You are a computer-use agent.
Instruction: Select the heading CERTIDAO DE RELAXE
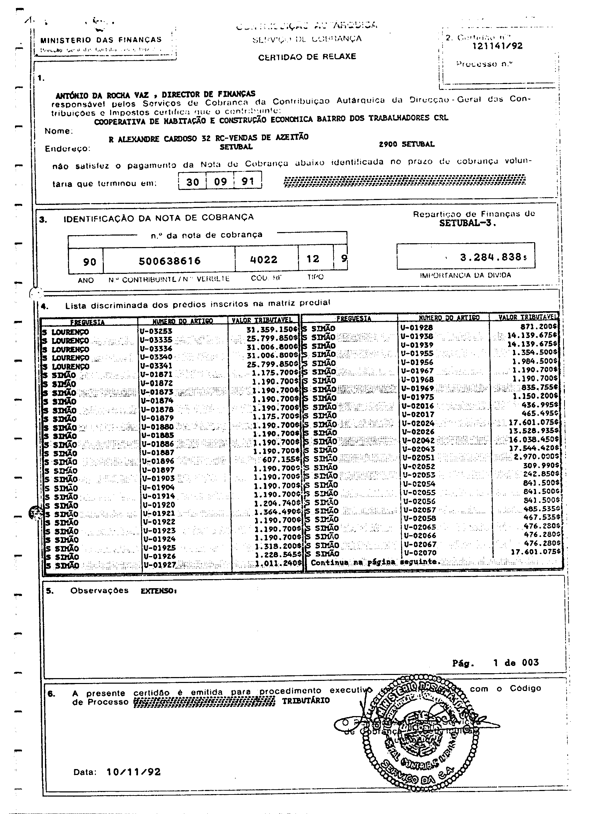[x=307, y=57]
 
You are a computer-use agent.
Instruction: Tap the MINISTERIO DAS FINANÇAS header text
[x=101, y=40]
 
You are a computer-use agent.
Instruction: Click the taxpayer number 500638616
[x=170, y=261]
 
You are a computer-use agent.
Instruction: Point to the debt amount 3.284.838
[x=491, y=257]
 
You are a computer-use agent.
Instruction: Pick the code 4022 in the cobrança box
[x=264, y=260]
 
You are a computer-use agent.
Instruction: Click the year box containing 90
[x=89, y=262]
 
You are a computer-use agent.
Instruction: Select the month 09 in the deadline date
[x=220, y=182]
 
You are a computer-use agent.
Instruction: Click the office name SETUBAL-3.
[x=468, y=223]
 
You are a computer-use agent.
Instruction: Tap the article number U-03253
[x=156, y=331]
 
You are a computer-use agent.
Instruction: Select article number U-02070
[x=420, y=553]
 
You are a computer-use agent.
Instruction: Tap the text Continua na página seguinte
[x=375, y=562]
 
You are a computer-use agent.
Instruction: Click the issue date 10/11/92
[x=133, y=771]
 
